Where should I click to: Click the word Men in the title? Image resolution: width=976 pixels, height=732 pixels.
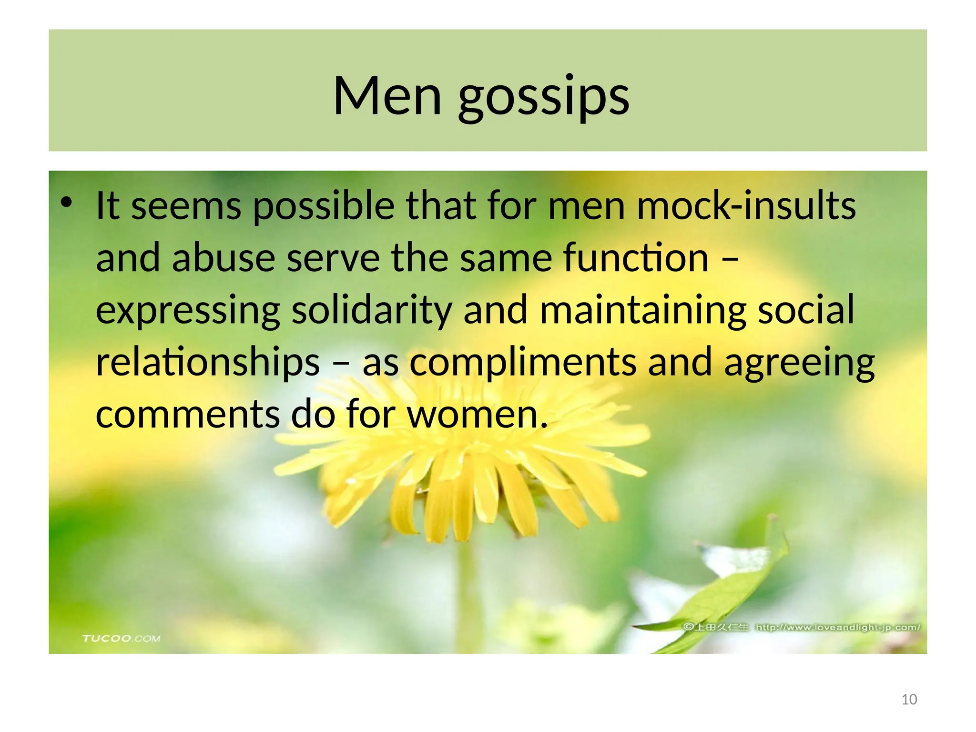click(x=387, y=96)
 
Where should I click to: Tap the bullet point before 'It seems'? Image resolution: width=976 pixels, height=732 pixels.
click(x=66, y=203)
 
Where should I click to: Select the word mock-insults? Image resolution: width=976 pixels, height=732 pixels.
click(x=746, y=206)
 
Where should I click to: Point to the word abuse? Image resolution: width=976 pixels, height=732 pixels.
click(x=224, y=258)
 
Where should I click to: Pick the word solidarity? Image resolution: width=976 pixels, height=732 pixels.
click(x=372, y=311)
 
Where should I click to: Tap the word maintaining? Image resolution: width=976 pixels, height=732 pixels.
click(x=643, y=311)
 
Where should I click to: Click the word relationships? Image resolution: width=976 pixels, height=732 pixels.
click(x=208, y=363)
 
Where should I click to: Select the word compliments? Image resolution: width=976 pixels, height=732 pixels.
click(x=523, y=363)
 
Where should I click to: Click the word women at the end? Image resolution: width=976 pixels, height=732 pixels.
click(x=477, y=415)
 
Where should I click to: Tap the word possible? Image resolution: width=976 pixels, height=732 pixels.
click(x=324, y=207)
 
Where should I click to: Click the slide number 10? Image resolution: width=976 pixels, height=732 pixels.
click(x=909, y=700)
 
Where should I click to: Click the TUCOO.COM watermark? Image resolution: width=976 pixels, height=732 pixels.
click(x=121, y=638)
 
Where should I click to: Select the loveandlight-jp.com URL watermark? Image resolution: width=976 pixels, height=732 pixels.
click(x=838, y=627)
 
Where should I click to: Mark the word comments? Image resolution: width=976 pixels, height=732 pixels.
click(x=188, y=415)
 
